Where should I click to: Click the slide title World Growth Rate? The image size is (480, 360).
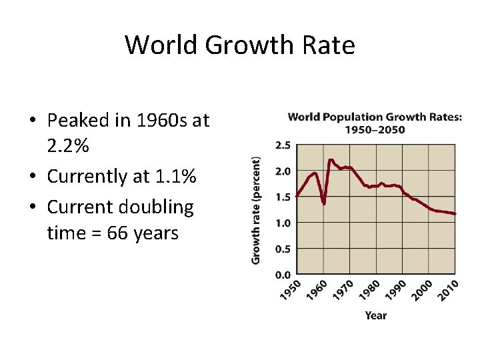point(239,45)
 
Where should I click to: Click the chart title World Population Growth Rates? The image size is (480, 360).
point(374,123)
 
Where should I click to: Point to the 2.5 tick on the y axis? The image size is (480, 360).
point(283,145)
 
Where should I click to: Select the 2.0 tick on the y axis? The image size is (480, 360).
point(283,171)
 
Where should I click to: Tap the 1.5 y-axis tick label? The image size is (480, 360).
point(283,197)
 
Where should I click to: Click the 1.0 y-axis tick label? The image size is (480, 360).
point(283,223)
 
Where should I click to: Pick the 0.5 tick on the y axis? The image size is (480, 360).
point(283,249)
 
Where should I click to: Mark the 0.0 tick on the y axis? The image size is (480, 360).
point(283,274)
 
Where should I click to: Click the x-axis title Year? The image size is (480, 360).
point(376,315)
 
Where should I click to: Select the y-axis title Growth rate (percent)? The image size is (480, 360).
point(256,209)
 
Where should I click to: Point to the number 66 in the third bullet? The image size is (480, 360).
point(119,233)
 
